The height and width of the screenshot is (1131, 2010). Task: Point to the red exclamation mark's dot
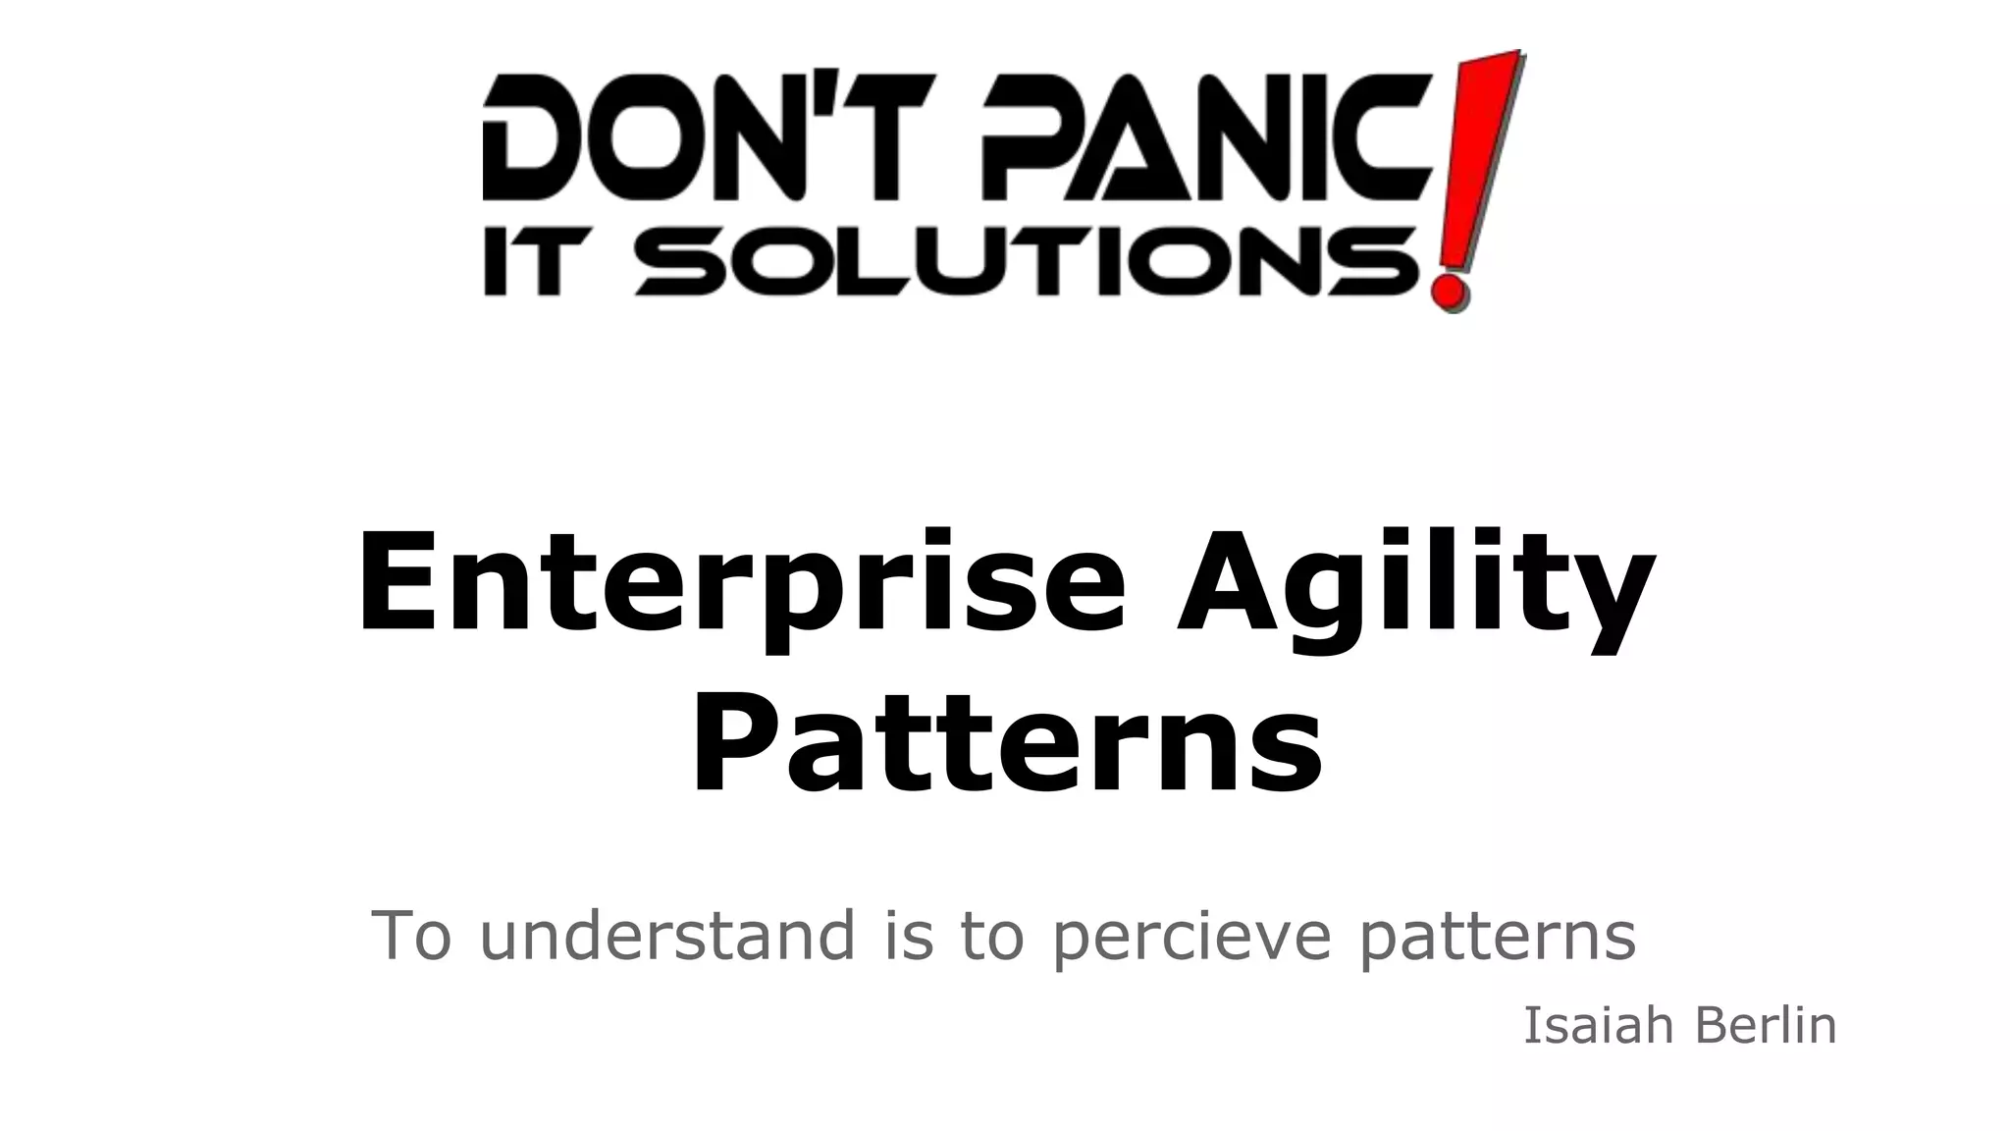coord(1450,292)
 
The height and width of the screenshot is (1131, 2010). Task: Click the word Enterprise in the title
coord(742,585)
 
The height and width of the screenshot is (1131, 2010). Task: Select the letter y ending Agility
coord(1615,599)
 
